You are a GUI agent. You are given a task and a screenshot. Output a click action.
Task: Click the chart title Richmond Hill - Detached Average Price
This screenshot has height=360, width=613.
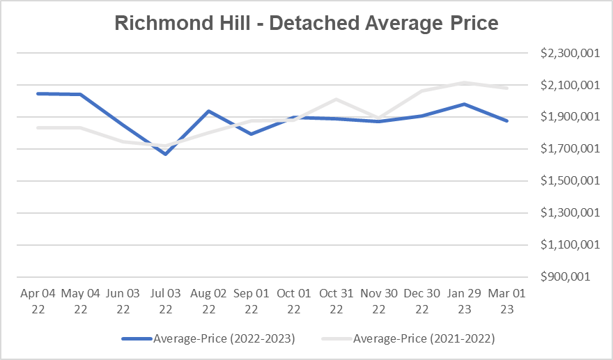[306, 23]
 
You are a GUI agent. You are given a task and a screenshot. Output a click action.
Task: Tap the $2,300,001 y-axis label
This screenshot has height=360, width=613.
[570, 53]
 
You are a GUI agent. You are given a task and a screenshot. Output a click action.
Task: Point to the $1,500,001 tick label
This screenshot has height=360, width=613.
[570, 181]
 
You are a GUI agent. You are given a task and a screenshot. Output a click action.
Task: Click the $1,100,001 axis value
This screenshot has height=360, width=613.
[570, 244]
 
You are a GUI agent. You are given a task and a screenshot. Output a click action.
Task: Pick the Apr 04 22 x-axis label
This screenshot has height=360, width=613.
[38, 302]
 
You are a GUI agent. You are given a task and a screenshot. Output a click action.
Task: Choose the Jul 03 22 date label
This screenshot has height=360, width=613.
[165, 302]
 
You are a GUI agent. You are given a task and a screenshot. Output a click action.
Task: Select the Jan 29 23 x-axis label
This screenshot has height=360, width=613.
[464, 302]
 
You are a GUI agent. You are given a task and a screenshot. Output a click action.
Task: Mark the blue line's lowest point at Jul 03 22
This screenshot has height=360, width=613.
[166, 154]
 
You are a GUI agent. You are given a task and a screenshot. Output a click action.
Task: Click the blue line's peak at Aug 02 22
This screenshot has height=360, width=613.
[208, 111]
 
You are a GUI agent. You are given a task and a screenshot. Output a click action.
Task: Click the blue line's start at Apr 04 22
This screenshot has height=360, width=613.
[38, 93]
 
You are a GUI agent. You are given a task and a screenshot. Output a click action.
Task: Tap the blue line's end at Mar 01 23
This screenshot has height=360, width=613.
[507, 120]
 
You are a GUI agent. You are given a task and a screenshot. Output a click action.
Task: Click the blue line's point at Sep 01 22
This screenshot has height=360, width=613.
[251, 134]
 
